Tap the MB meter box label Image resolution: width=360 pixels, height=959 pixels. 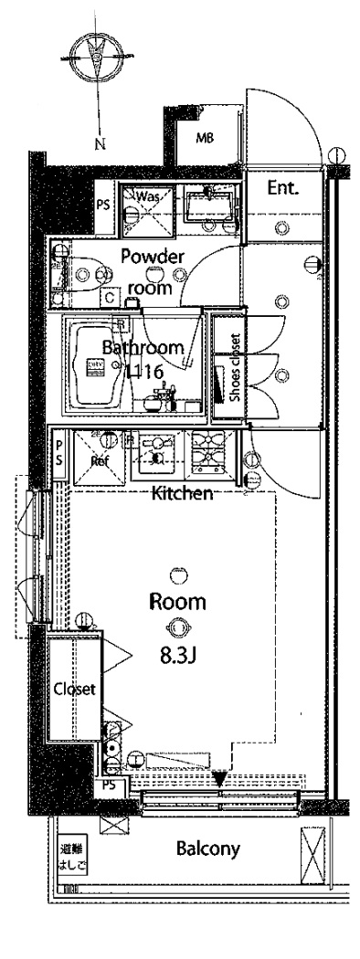click(x=206, y=138)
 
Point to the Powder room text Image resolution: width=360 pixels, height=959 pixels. click(x=154, y=269)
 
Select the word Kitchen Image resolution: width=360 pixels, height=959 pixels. click(x=183, y=494)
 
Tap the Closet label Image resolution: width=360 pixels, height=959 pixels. click(x=74, y=690)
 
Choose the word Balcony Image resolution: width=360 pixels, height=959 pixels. click(x=208, y=848)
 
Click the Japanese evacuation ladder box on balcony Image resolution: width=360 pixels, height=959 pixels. click(x=69, y=853)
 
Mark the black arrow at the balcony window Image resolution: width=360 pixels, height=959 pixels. click(x=219, y=778)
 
